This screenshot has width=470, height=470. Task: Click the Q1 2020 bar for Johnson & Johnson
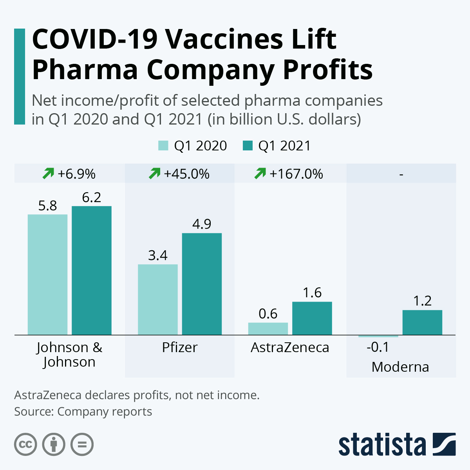(x=47, y=274)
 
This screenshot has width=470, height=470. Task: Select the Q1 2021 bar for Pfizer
(x=202, y=284)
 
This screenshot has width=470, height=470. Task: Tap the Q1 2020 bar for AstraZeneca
(x=268, y=329)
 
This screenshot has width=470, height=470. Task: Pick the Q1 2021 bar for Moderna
(x=422, y=322)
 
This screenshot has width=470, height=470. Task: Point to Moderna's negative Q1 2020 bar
(x=378, y=336)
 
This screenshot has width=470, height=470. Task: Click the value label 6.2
(x=92, y=197)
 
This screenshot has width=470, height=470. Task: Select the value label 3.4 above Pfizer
(x=158, y=255)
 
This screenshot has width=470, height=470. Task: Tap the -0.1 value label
(x=378, y=347)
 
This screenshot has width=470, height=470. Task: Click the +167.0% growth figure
(x=296, y=174)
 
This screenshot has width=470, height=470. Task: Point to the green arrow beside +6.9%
(x=48, y=173)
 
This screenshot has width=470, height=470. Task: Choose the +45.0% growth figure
(x=186, y=174)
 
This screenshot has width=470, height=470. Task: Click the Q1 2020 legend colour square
(x=163, y=146)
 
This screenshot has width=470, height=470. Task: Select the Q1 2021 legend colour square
(x=248, y=146)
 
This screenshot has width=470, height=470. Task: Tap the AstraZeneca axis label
(x=290, y=347)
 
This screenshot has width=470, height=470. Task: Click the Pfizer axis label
(x=180, y=347)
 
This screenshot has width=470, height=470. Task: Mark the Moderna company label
(x=400, y=367)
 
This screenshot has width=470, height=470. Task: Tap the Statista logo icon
(x=444, y=444)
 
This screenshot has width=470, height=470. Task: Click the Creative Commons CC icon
(x=25, y=445)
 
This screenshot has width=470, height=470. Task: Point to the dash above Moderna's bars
(x=401, y=174)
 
